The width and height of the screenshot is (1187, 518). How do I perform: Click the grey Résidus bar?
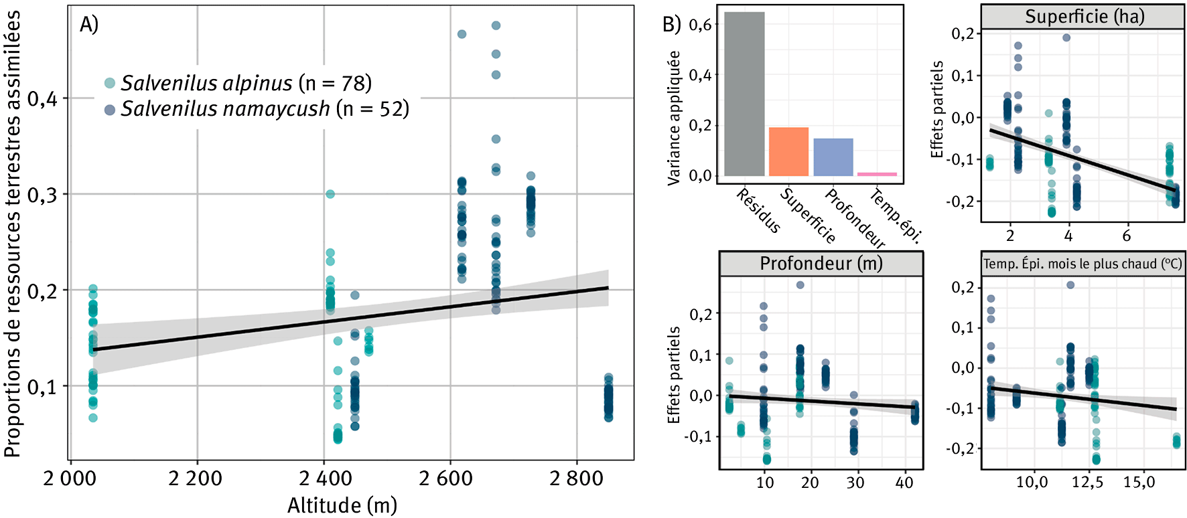pos(744,94)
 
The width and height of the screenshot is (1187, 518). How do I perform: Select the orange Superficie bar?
pos(788,152)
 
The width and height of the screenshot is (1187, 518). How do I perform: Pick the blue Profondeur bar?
pos(833,157)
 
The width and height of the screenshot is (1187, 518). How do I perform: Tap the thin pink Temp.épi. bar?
pos(877,174)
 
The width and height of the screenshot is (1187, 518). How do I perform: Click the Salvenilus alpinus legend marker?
pos(110,83)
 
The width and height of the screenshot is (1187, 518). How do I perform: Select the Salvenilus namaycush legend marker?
pos(110,108)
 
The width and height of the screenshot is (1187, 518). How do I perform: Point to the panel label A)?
pos(88,25)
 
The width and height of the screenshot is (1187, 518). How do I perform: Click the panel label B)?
pos(671,25)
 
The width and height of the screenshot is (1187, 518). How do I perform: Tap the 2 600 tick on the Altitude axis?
pos(445,479)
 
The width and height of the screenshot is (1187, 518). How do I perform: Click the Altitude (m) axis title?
pos(342,505)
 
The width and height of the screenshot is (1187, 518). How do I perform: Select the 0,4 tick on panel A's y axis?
pos(43,99)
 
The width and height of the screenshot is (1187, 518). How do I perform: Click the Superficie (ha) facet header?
pos(1084,17)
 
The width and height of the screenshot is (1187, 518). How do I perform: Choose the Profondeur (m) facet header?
pos(821,264)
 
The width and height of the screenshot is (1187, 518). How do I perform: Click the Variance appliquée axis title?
pos(674,118)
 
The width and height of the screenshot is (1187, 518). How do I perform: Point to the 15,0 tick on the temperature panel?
pos(1138,483)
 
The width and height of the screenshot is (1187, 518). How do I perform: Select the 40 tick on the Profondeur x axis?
pos(904,483)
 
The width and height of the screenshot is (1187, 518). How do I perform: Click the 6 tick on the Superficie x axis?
pos(1126,236)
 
